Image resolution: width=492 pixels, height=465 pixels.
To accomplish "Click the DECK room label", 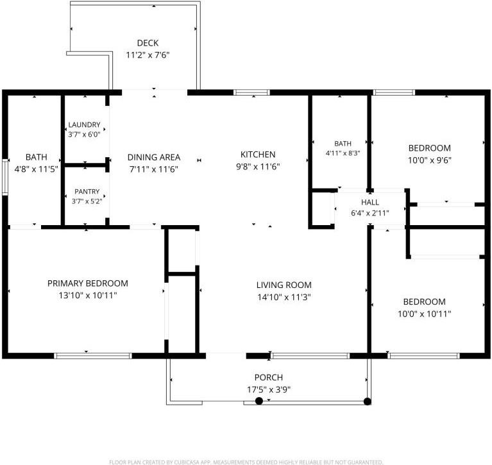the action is tap(148, 43).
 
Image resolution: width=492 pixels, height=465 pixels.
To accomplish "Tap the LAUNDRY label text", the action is tap(84, 124).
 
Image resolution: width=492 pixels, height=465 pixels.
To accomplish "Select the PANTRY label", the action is tap(87, 191).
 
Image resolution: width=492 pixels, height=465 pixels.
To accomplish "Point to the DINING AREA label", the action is tap(154, 157).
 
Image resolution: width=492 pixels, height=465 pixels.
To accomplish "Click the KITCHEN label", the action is tap(258, 155).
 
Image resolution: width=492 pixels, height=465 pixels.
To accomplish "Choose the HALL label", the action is tap(370, 202).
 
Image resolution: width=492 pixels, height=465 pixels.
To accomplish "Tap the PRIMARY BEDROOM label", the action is tap(87, 283).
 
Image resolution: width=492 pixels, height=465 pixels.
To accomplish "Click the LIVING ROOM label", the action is tap(284, 285).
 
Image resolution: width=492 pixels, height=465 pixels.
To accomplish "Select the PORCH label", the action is tap(269, 377).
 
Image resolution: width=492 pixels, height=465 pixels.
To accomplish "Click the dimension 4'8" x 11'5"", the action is tap(37, 169).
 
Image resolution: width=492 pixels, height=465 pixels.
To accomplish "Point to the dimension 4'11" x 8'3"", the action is tap(343, 153).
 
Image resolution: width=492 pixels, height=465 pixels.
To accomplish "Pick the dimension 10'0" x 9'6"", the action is tap(430, 160).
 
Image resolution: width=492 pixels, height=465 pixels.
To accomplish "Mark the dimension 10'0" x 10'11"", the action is tap(425, 314).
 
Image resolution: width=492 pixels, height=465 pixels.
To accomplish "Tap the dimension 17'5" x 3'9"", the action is tap(269, 390).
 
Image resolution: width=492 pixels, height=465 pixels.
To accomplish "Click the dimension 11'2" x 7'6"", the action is tap(148, 55).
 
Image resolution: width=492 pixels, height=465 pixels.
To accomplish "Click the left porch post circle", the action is tap(259, 401).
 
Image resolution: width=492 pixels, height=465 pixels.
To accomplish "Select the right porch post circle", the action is tap(367, 402).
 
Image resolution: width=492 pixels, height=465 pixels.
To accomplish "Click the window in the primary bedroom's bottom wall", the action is tap(93, 356).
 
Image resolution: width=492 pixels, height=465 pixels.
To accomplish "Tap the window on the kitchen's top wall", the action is tap(251, 92).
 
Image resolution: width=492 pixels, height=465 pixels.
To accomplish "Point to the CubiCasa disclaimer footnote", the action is tap(246, 462).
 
